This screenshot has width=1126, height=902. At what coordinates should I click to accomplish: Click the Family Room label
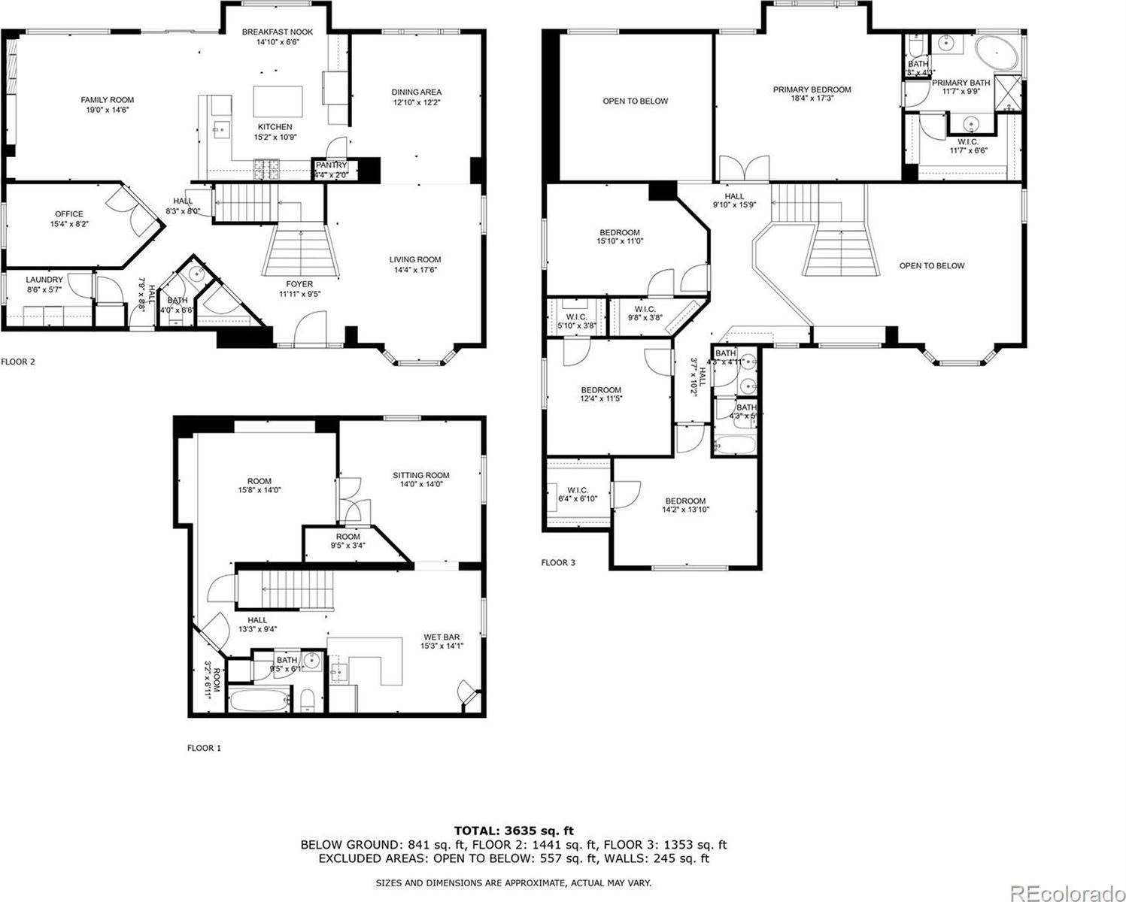[108, 104]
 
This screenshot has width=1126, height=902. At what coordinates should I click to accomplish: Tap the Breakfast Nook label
[277, 37]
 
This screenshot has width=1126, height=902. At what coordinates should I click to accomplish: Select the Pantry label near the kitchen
[331, 169]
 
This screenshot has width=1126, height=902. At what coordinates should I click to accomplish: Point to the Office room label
[68, 219]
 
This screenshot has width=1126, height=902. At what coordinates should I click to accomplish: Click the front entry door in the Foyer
[311, 331]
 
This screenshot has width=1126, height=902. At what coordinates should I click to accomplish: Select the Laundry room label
[44, 283]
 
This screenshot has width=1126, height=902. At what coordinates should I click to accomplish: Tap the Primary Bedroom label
[812, 94]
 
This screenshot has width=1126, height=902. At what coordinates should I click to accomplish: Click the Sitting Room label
[420, 480]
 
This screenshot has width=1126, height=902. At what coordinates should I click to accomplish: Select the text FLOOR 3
[558, 562]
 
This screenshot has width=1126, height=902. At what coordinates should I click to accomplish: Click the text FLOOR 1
[204, 748]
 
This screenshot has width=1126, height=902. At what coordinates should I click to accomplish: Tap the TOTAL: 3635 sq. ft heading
[514, 831]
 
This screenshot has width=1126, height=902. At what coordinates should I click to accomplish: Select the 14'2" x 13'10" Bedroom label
[684, 505]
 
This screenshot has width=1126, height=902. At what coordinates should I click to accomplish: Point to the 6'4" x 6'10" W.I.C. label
[578, 495]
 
